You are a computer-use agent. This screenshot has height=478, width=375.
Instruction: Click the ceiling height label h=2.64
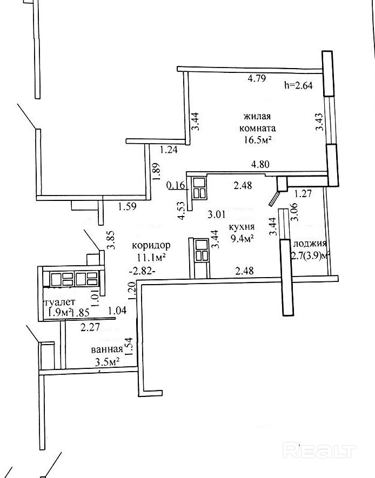tap(298, 85)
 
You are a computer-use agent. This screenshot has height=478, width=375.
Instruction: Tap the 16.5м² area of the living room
tap(257, 140)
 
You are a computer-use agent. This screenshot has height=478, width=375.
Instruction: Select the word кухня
tap(242, 227)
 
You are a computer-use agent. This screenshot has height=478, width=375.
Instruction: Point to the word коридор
tap(151, 245)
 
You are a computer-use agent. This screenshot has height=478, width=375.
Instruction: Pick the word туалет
tap(60, 302)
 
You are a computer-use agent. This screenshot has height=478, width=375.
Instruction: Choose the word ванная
tap(106, 349)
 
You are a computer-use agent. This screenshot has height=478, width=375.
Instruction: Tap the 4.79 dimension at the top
tap(257, 78)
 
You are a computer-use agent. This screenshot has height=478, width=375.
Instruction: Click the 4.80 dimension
tap(260, 165)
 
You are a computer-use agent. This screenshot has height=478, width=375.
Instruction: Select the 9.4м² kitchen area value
tap(243, 239)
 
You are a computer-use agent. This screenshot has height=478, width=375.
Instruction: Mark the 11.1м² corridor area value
tap(151, 258)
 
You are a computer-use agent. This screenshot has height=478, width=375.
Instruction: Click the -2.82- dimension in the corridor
tap(143, 271)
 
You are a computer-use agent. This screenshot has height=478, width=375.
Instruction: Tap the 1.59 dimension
tap(127, 207)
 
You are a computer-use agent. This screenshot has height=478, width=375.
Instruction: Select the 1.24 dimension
tap(169, 150)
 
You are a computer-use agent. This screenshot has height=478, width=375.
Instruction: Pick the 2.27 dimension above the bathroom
tap(90, 327)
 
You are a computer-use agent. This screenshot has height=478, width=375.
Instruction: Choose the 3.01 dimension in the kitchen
tap(216, 214)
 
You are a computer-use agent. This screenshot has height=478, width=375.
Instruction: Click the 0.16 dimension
tap(176, 185)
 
